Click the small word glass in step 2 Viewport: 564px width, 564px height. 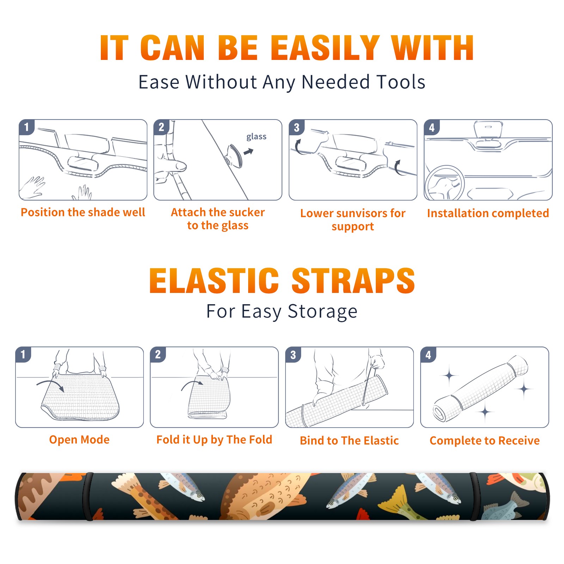coord(256,137)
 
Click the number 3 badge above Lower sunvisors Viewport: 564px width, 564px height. coord(296,127)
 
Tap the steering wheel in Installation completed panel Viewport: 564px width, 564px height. coord(445,183)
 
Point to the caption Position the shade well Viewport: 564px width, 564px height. coord(83,212)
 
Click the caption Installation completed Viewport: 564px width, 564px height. coord(488,213)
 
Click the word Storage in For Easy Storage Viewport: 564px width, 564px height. coord(323,312)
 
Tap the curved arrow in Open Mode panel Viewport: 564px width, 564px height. coord(50,385)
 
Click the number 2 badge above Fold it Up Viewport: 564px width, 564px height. coord(158,355)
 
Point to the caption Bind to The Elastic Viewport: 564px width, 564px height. coord(349,441)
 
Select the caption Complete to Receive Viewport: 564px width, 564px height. coord(485,441)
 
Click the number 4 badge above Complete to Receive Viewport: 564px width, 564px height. coord(428,355)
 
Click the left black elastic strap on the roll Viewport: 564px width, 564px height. coord(88,496)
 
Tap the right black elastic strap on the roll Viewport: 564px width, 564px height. coord(474,496)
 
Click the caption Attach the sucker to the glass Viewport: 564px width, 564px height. coord(218,219)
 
